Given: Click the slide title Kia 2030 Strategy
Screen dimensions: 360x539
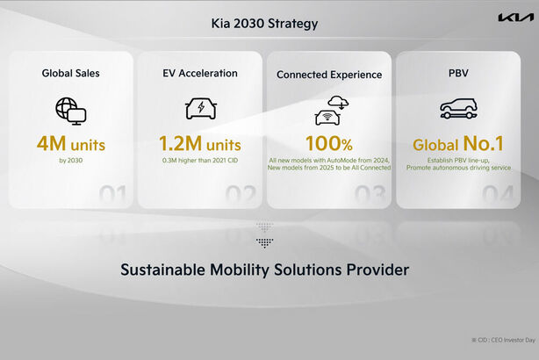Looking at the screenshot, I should tap(265, 23).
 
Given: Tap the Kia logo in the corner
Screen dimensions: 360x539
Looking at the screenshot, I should tap(515, 18).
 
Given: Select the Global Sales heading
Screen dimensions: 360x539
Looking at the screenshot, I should tap(70, 73).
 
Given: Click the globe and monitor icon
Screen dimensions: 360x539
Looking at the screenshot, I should tap(70, 109).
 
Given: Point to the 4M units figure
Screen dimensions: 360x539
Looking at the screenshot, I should tap(70, 142).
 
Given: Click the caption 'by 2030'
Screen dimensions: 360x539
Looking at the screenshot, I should tap(70, 161).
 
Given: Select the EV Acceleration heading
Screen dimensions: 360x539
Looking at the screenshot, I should tap(200, 73).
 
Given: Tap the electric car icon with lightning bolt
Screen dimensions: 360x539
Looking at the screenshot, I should tap(200, 109).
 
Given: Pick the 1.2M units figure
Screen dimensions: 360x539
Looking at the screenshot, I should tap(200, 142).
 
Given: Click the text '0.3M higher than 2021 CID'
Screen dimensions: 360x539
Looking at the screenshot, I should tap(200, 161).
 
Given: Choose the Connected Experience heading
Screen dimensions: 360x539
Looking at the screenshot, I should tap(329, 75).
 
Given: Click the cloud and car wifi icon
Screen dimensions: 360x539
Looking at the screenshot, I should tap(329, 109).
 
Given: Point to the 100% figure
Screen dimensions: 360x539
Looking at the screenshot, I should tap(329, 142).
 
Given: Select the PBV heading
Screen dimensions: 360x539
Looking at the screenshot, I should tap(459, 73).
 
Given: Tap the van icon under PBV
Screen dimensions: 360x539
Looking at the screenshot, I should tap(459, 109).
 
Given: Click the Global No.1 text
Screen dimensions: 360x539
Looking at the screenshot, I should tap(459, 142).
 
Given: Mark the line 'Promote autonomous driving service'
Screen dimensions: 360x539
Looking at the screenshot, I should tap(459, 168).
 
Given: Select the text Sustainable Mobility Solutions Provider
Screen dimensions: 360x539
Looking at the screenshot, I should tap(265, 270).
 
